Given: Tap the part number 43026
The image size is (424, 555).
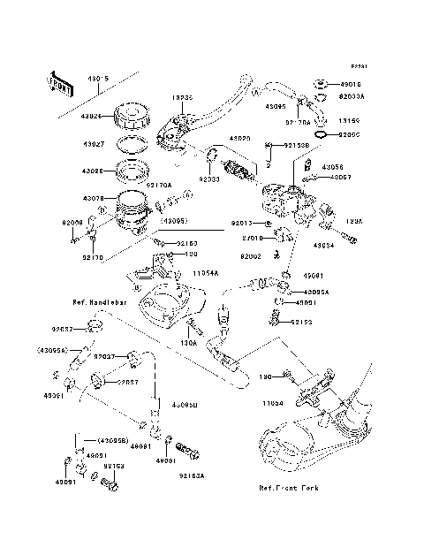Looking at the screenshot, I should (95, 116).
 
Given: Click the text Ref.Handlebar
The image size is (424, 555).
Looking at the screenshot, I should (101, 302).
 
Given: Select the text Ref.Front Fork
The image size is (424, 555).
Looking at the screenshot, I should (289, 488).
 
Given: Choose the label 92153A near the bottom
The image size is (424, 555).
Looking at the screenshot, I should (191, 475).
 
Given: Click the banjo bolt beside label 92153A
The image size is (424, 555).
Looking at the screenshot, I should (185, 453).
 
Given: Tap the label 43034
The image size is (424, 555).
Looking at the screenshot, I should (323, 247).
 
